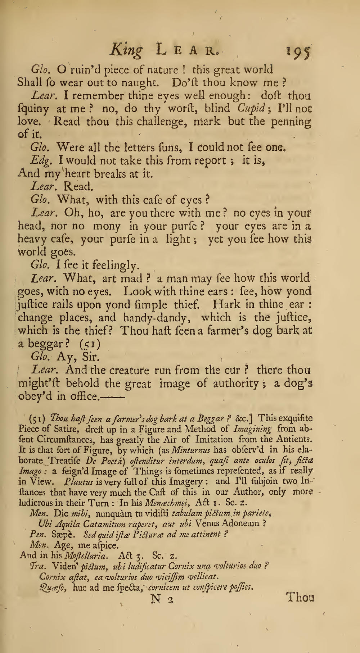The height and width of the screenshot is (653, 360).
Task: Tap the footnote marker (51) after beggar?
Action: (90, 344)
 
